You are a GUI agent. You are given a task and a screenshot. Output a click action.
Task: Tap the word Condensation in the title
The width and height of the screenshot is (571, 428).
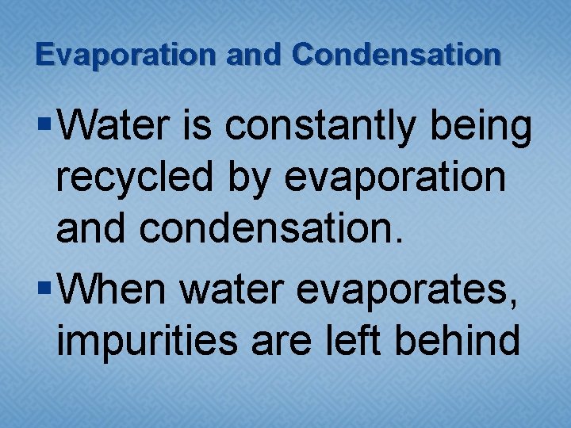pyautogui.click(x=397, y=55)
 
